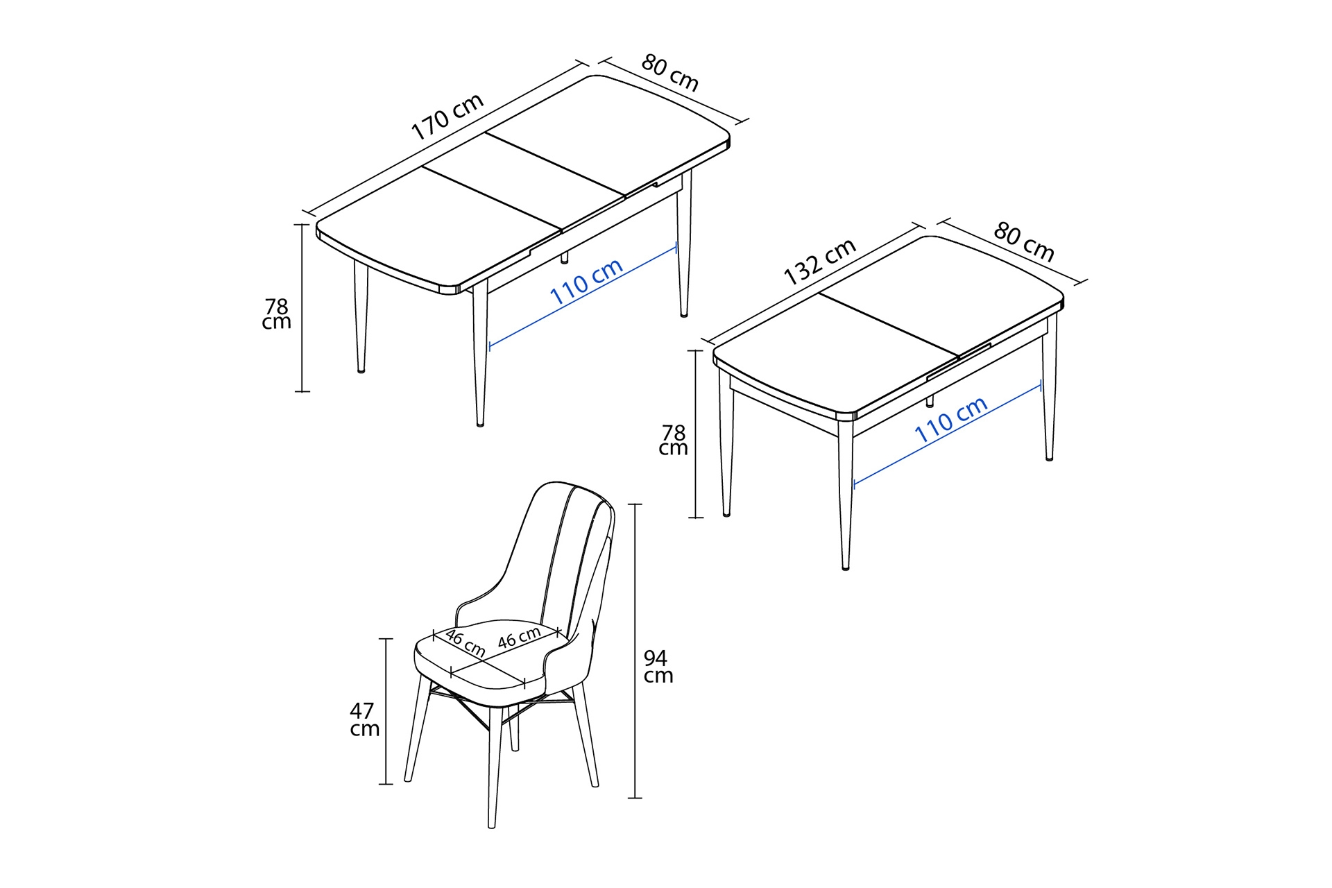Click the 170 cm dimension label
[x=447, y=117]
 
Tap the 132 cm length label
[x=820, y=262]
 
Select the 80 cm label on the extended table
[x=669, y=73]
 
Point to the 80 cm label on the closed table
[x=1024, y=242]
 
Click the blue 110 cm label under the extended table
[x=586, y=282]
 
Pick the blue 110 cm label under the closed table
[x=950, y=420]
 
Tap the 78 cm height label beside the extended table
[x=276, y=314]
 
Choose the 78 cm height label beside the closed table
[x=673, y=440]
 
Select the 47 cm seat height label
[x=364, y=719]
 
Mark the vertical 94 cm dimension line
[x=635, y=651]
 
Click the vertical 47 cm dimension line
[x=386, y=711]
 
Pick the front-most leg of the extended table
[x=480, y=354]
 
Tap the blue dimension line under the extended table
[x=583, y=296]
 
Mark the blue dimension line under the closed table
[x=948, y=434]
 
